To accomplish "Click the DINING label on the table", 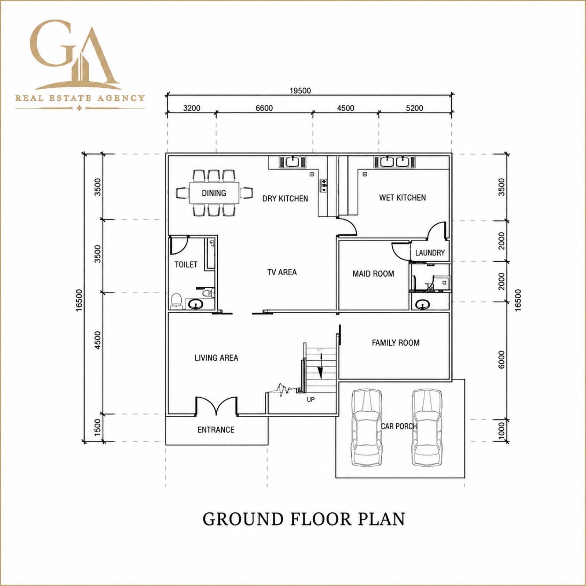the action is (214, 193).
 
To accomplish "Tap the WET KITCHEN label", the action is (403, 198).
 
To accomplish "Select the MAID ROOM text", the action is (373, 274).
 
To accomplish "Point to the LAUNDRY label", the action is (430, 253).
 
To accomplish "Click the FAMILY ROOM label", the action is (396, 343).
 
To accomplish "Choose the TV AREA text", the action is (282, 272).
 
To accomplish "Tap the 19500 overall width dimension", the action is (300, 91).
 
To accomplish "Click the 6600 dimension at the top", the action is (264, 108).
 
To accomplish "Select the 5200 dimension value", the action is (414, 108).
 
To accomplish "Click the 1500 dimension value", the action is (98, 427).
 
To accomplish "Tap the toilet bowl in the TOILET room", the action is (176, 301).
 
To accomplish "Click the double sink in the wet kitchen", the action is (395, 162).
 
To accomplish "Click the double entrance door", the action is (216, 406).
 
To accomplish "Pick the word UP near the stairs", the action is (310, 399).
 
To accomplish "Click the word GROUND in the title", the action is (243, 519).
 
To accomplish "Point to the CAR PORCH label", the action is (399, 426).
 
